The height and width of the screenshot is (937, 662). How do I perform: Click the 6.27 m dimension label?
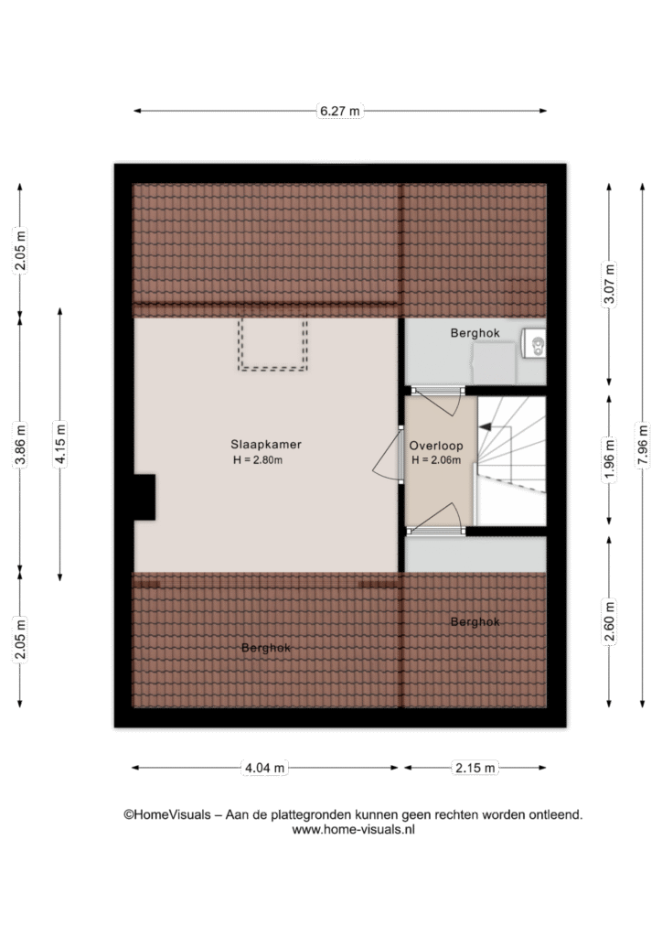(x=339, y=111)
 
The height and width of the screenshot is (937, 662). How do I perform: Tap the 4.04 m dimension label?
(x=264, y=768)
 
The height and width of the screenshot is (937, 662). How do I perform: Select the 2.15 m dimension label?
(x=475, y=768)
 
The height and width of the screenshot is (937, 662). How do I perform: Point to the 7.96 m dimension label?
(x=642, y=446)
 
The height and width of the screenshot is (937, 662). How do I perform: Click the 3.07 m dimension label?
(x=609, y=284)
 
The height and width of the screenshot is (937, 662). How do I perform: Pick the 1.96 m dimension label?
(x=609, y=459)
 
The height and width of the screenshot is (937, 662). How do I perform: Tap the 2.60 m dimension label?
(x=609, y=621)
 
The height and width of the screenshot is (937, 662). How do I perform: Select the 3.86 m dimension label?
(x=20, y=444)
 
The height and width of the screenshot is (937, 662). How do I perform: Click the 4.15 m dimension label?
(x=59, y=444)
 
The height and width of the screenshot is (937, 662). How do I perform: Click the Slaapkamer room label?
(x=266, y=445)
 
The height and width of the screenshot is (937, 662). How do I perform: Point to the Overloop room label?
(x=436, y=446)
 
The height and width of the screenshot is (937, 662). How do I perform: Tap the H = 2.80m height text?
(x=257, y=460)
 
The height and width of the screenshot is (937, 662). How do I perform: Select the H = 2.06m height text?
(x=436, y=460)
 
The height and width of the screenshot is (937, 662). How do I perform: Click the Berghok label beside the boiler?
(x=475, y=333)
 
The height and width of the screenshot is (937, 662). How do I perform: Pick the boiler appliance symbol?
(x=533, y=344)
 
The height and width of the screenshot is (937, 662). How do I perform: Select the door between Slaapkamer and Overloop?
(x=389, y=454)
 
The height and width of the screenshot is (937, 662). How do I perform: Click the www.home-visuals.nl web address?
(x=353, y=829)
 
